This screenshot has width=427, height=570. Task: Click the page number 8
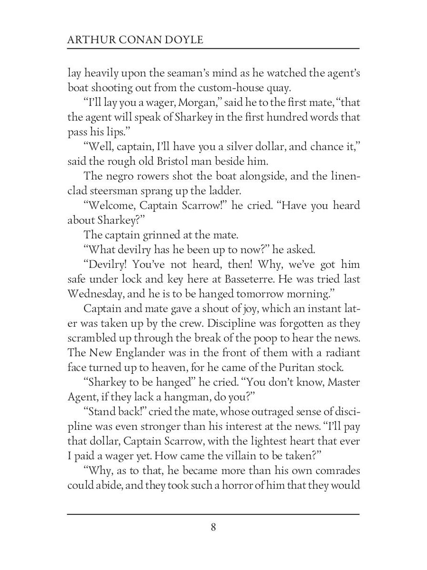[x=213, y=527]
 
